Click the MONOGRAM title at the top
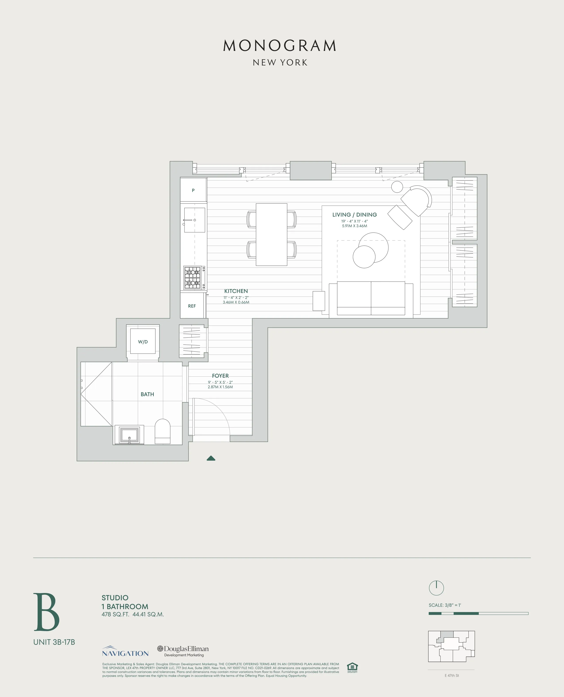(280, 46)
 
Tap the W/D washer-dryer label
(143, 342)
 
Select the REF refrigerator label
(192, 306)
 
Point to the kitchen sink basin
(195, 220)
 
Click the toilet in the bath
(162, 431)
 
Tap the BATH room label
(147, 394)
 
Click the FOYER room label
(220, 376)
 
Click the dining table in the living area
(271, 234)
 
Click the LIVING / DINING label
(355, 215)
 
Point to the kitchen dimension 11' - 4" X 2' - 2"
(236, 298)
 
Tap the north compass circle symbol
(436, 588)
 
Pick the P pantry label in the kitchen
(193, 191)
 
